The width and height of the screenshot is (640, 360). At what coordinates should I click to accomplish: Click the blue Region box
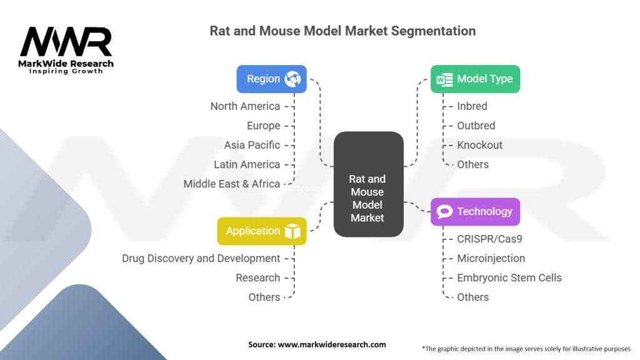click(271, 79)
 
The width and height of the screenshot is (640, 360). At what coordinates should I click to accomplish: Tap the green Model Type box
click(475, 79)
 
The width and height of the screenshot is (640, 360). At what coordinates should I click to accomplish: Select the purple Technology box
click(475, 211)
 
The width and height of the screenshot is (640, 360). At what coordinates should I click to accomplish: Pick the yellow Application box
click(262, 231)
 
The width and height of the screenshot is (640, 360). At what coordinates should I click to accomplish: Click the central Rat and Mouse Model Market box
click(369, 184)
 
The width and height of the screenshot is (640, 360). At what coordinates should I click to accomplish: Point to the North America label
click(245, 106)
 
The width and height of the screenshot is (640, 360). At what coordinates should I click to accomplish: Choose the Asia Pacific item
click(252, 145)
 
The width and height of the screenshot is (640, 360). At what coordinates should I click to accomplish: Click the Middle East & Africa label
click(231, 184)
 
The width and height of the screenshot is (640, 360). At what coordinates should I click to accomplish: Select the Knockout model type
click(479, 145)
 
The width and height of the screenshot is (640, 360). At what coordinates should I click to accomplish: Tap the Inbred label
click(472, 106)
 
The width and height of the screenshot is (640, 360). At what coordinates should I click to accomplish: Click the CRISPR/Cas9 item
click(489, 239)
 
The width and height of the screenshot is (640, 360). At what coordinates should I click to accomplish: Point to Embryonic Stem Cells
click(509, 277)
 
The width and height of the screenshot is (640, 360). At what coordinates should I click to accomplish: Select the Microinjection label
click(491, 258)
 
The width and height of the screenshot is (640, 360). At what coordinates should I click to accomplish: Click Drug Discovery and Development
click(201, 258)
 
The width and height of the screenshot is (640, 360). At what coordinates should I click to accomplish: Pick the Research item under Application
click(258, 277)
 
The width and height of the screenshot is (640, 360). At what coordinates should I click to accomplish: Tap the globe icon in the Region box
click(292, 79)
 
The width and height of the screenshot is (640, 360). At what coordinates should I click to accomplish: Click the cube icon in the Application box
click(292, 231)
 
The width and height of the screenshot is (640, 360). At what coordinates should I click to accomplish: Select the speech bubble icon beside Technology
click(444, 211)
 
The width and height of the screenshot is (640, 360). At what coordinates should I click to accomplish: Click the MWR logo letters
click(66, 42)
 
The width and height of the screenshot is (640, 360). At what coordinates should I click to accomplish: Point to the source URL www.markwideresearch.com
click(332, 344)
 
